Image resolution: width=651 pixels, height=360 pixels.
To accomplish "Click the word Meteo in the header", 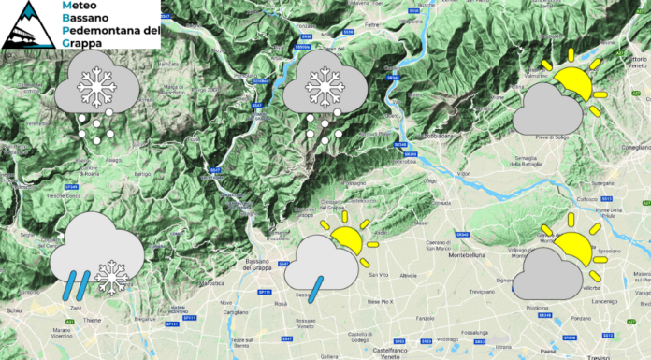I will (x=80, y=7).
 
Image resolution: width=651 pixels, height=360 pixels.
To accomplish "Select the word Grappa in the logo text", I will (x=81, y=42).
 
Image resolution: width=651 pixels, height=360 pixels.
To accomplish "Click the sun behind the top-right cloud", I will (x=572, y=83).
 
